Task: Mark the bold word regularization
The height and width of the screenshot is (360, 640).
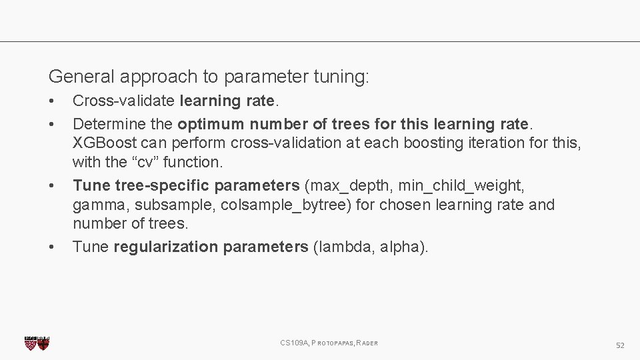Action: point(166,247)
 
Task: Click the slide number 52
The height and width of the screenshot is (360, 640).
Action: point(620,345)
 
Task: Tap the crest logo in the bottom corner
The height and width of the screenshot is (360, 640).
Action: point(37,343)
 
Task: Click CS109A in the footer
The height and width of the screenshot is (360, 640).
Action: point(293,343)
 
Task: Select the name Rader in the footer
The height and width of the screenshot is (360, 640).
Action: point(367,343)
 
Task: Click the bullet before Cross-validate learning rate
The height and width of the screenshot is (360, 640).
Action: point(52,102)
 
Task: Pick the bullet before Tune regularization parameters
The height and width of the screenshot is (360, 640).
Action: point(52,247)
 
